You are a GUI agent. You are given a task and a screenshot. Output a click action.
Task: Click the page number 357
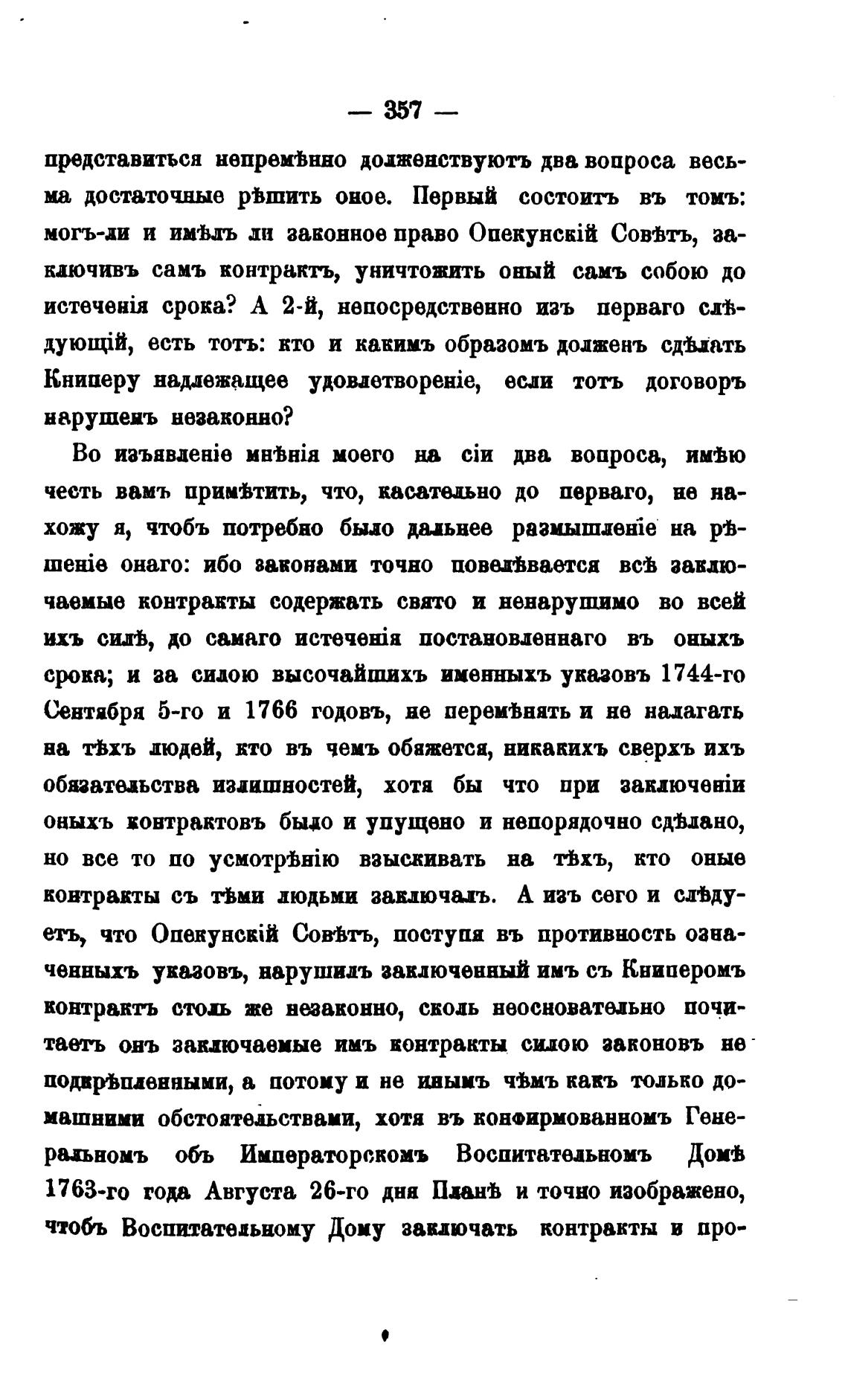coord(403,112)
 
